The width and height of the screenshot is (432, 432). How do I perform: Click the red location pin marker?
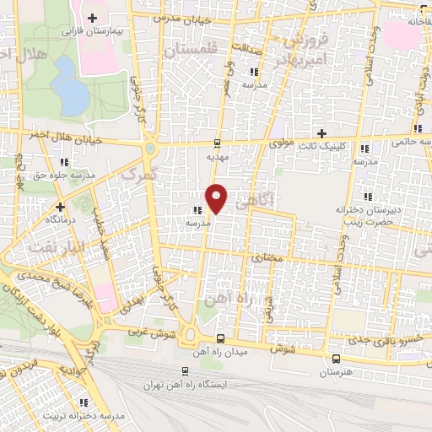tap(217, 197)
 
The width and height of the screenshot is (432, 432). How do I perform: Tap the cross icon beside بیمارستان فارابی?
tap(92, 17)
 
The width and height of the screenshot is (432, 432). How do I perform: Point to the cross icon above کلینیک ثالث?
tap(321, 132)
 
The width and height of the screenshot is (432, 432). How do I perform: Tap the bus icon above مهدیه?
tap(217, 142)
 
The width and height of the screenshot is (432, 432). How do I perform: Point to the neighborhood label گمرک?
tap(139, 175)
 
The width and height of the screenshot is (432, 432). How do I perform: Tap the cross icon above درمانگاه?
tap(60, 206)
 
